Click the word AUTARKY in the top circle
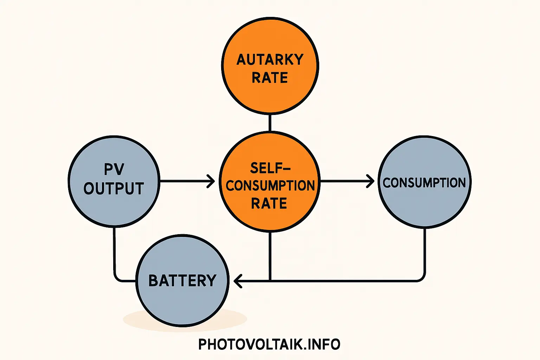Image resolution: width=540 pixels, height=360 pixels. (270, 60)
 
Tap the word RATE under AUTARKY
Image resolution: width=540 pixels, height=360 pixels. (270, 78)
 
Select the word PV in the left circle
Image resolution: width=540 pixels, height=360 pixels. (114, 169)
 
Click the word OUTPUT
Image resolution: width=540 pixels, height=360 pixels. (114, 188)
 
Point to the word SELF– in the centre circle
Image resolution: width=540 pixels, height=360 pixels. (270, 168)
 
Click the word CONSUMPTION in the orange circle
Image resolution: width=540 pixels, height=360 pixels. (270, 186)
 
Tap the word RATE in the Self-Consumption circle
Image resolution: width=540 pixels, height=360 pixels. (269, 204)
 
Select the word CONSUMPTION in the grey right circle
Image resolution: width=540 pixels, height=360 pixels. (424, 183)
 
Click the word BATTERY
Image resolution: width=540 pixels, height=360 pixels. (182, 281)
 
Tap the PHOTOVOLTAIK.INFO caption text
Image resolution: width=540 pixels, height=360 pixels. (269, 344)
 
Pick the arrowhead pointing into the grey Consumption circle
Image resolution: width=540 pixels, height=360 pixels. (371, 181)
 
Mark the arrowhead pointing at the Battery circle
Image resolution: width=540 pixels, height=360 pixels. (237, 281)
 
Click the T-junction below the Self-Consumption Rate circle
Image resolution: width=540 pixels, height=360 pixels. (270, 281)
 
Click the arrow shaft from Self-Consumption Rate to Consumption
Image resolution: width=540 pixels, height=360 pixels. (345, 181)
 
